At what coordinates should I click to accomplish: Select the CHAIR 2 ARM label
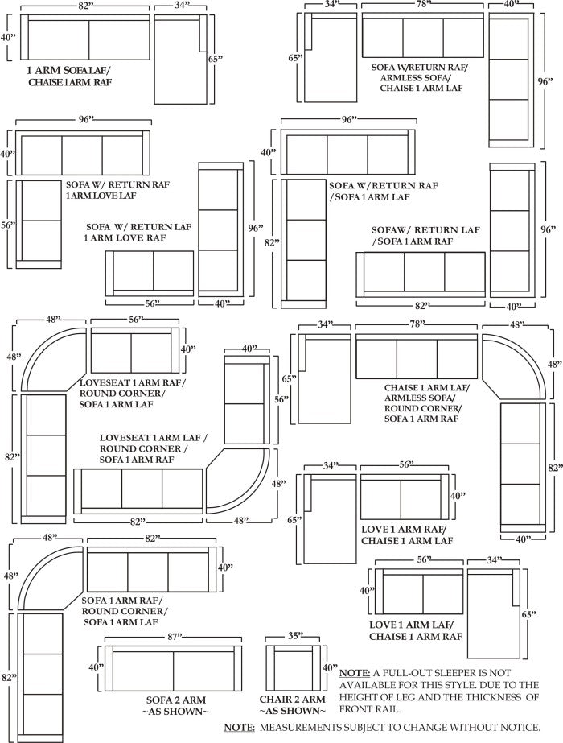[x=293, y=699]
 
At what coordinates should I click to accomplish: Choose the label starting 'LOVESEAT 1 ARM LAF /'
[x=153, y=448]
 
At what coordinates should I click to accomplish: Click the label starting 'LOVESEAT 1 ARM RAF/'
[x=132, y=394]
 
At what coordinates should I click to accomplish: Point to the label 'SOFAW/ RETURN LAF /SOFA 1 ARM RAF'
[x=426, y=235]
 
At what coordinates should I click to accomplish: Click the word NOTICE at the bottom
[x=512, y=728]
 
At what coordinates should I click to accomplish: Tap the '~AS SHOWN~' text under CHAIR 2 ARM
[x=293, y=712]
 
